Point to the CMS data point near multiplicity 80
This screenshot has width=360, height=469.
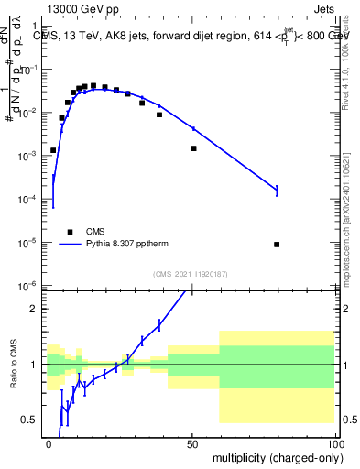277,245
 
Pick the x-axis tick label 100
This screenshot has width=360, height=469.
335,443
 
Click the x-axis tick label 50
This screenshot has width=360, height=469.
192,443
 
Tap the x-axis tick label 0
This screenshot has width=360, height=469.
49,443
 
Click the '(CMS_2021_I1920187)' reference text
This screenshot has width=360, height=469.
191,274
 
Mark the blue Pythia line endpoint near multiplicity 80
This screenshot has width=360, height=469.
277,191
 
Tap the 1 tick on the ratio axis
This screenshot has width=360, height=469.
36,365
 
